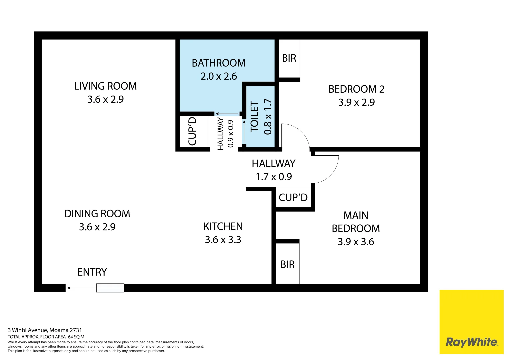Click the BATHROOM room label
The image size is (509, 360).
(219, 63)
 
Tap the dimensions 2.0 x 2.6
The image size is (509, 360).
(219, 76)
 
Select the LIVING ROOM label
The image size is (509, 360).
(105, 86)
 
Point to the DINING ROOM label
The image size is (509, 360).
(97, 214)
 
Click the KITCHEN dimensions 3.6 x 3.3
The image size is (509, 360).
(223, 240)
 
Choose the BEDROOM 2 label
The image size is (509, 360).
(356, 89)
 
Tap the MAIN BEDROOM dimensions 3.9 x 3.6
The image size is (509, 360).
(356, 242)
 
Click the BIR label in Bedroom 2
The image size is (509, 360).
(289, 58)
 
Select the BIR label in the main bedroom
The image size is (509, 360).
(287, 264)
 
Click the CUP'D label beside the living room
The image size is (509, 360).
(192, 131)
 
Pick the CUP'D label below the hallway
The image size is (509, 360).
(293, 198)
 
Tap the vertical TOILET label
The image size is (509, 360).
(255, 117)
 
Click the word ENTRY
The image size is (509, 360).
(92, 272)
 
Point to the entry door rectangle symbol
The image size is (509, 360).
(110, 288)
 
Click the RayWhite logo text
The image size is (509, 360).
(471, 342)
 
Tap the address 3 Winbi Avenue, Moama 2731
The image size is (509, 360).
(45, 330)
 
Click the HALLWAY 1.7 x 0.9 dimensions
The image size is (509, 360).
(274, 177)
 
